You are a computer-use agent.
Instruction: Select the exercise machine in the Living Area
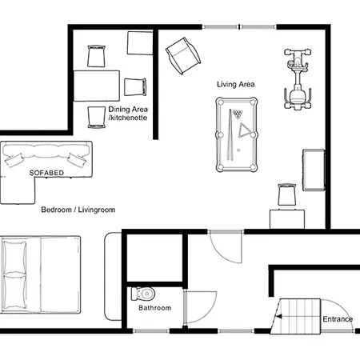tap(296, 80)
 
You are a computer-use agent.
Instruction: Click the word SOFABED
tap(46, 172)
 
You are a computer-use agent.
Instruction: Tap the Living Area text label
tap(236, 84)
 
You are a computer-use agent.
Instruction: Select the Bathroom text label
tap(154, 308)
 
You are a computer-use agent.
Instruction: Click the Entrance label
tap(338, 320)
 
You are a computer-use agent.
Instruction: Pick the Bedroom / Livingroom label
tap(78, 210)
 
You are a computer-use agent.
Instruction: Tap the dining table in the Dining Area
tap(98, 86)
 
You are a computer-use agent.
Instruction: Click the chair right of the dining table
tap(135, 86)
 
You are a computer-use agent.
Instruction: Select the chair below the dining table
tap(97, 115)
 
